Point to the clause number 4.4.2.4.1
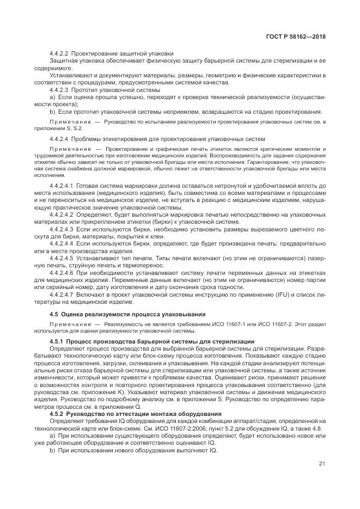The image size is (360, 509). pos(62,186)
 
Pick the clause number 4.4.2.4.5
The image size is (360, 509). pos(62,258)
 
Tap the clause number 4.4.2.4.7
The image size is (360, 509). pos(62,295)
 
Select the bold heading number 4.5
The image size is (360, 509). pos(54,315)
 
